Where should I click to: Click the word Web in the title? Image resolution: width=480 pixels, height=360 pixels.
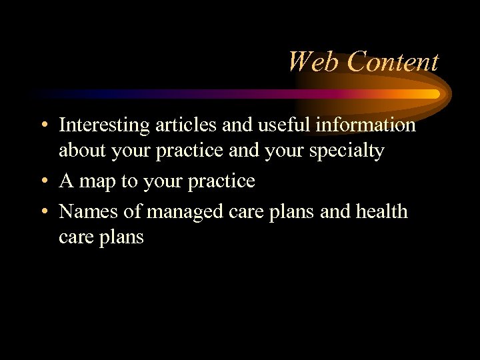(313, 62)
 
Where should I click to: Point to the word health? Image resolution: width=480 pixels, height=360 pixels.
(381, 211)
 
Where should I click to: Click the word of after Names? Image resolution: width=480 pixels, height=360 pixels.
(133, 211)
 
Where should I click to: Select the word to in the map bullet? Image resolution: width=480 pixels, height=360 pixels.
(129, 181)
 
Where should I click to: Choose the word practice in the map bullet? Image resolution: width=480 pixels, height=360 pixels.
(223, 181)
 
